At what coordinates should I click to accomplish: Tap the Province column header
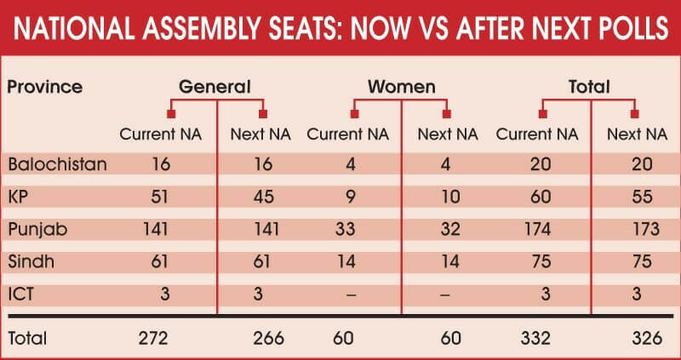(x=44, y=87)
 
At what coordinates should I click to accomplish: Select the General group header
(x=215, y=87)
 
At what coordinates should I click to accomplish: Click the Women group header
(x=402, y=87)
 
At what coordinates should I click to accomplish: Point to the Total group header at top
(x=589, y=87)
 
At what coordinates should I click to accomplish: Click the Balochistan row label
(x=57, y=164)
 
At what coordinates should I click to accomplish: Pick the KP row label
(x=18, y=197)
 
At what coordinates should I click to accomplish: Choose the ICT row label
(x=20, y=294)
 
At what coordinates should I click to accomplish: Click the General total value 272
(x=156, y=338)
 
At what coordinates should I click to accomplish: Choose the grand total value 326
(x=638, y=338)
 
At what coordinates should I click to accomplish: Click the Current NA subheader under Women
(x=347, y=134)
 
